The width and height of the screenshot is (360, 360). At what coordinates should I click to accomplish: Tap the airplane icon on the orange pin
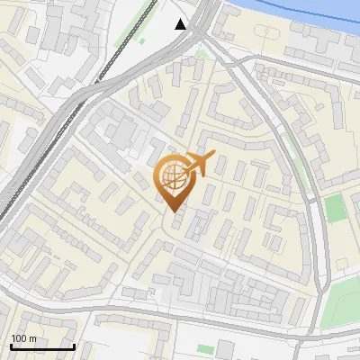point(198,165)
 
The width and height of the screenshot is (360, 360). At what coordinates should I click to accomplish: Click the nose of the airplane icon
point(212,157)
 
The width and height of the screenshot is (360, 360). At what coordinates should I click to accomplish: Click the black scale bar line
point(41,346)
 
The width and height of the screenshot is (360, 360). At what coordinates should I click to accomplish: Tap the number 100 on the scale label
point(19,338)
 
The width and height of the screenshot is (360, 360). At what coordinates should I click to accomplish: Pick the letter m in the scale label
point(32,338)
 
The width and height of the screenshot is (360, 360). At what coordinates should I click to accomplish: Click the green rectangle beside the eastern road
point(335,208)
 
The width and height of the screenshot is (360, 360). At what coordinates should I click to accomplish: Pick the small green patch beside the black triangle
point(202,54)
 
